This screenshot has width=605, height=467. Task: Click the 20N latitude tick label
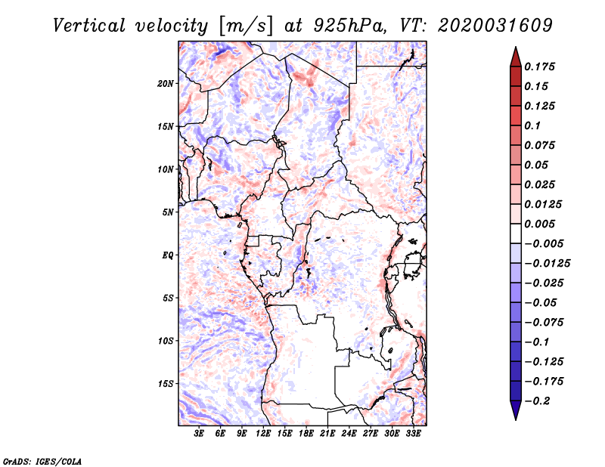pos(166,84)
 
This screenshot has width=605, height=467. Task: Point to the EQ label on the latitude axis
pos(167,255)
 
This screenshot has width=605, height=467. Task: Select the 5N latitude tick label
pos(168,212)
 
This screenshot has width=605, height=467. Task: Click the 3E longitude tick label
pos(199,433)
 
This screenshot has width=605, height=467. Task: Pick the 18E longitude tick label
pos(306,433)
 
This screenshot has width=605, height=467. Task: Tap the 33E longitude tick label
pos(413,433)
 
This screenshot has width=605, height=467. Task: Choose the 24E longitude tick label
pos(349,433)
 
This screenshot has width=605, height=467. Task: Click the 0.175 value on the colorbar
pos(539,66)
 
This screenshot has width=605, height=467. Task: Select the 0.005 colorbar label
pos(539,224)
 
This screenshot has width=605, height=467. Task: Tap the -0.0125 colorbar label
pos(548,264)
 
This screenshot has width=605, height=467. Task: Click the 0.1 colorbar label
pos(532,125)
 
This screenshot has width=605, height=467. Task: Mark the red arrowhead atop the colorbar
pos(516,57)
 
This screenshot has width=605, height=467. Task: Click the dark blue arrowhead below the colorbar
pos(516,410)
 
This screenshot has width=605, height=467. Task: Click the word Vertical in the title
pos(89,26)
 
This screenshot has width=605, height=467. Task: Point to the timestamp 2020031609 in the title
pos(495,26)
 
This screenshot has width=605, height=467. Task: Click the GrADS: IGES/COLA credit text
pos(42,461)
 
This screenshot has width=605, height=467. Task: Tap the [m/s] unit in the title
pos(246,26)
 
